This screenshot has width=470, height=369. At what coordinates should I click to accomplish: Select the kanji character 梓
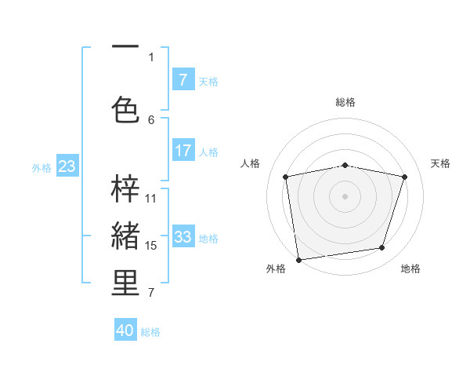click(x=125, y=188)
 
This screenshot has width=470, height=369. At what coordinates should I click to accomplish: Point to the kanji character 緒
click(x=125, y=236)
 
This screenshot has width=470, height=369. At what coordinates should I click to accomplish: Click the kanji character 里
click(x=125, y=283)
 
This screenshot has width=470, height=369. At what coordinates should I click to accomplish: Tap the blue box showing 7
click(x=183, y=80)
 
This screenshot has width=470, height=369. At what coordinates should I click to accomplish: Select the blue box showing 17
click(x=183, y=151)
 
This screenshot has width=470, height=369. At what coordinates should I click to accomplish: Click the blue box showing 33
click(x=183, y=237)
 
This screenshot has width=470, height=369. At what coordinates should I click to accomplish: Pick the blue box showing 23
click(x=67, y=166)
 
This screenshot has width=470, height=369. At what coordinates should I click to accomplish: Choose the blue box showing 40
click(x=125, y=331)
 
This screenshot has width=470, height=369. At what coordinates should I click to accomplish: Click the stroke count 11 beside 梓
click(x=151, y=199)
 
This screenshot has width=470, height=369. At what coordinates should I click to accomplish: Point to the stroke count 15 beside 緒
click(x=151, y=246)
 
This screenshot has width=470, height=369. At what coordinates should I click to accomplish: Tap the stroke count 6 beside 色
click(x=151, y=119)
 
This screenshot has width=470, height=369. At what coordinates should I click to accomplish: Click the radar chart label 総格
click(x=345, y=102)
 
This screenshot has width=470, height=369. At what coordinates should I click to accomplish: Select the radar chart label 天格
click(x=440, y=163)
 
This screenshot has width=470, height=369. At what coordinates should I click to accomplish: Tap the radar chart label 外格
click(x=276, y=269)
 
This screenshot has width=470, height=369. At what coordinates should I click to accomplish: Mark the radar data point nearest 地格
click(x=382, y=248)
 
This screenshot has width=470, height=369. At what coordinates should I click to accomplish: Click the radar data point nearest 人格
click(x=286, y=177)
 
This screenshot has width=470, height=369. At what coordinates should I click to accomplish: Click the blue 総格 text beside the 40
click(x=150, y=332)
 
